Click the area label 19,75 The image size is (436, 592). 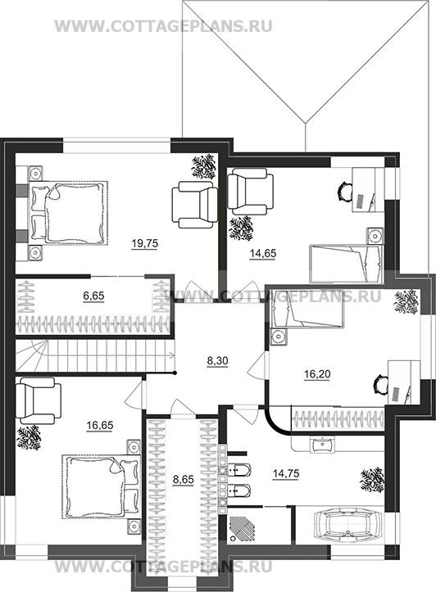(x=145, y=244)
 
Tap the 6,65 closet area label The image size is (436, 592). (x=93, y=296)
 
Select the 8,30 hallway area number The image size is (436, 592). (x=218, y=361)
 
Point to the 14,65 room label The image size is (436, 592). (x=263, y=254)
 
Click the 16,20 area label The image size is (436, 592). (x=317, y=374)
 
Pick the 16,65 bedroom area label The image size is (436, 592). (x=100, y=426)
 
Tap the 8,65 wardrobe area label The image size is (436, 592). (x=184, y=480)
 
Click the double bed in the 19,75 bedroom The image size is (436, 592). (x=68, y=212)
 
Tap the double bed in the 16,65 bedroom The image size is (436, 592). (x=101, y=487)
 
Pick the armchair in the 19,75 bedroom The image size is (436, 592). (x=194, y=204)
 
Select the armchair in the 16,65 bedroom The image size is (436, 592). (x=39, y=400)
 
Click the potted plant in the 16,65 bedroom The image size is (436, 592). (x=29, y=437)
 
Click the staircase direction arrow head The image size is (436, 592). (x=173, y=355)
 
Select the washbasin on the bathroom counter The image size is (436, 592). (x=321, y=445)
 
